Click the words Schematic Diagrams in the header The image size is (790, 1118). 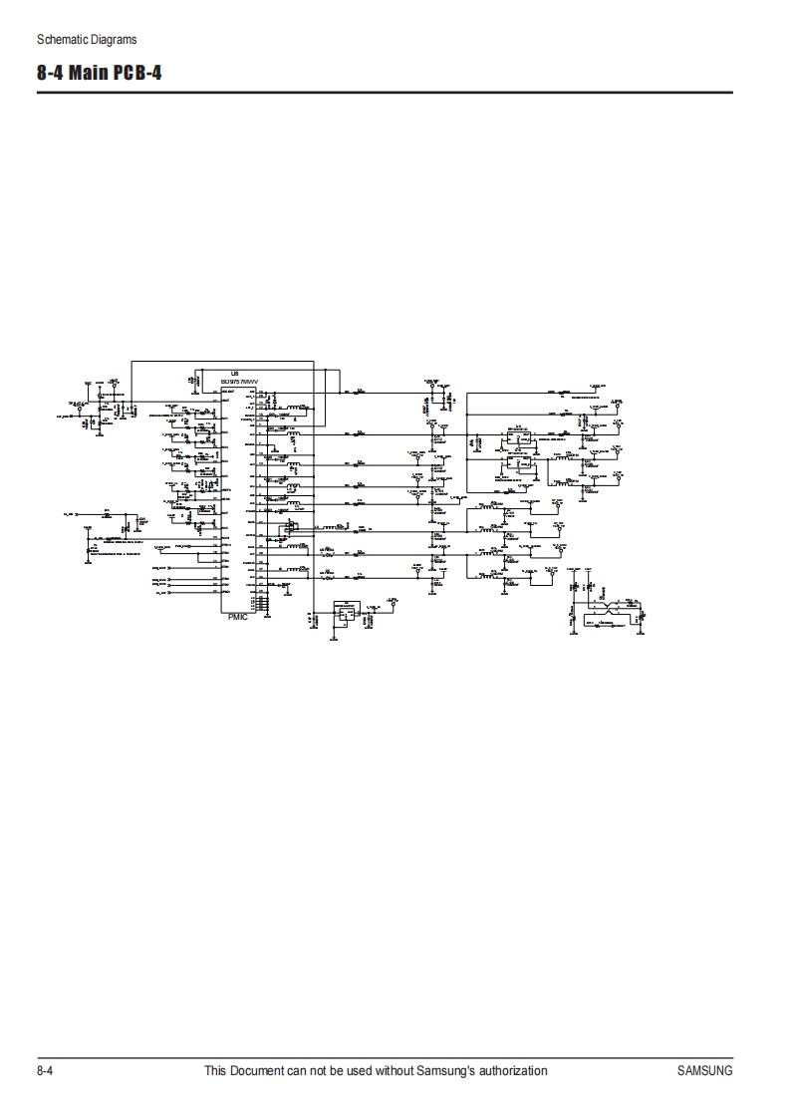pyautogui.click(x=87, y=40)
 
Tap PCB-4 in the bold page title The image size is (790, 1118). pyautogui.click(x=141, y=74)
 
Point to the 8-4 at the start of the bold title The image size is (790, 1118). pyautogui.click(x=51, y=74)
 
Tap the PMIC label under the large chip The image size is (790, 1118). pyautogui.click(x=237, y=617)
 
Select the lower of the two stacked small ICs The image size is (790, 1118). pyautogui.click(x=517, y=462)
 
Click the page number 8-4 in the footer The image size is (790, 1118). pyautogui.click(x=45, y=1071)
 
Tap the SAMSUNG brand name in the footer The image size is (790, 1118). pyautogui.click(x=704, y=1071)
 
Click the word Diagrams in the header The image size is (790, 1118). pyautogui.click(x=111, y=40)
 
